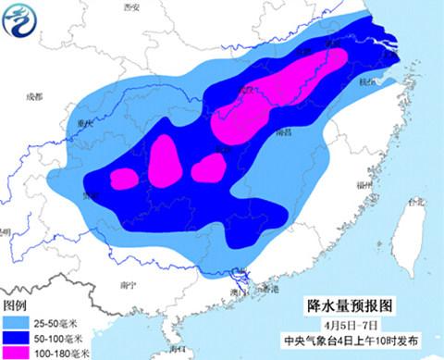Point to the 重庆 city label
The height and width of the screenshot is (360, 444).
click(x=87, y=122)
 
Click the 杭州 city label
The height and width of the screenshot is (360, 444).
click(x=372, y=81)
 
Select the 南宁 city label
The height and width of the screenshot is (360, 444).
click(x=129, y=286)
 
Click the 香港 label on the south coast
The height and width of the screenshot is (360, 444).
click(x=269, y=290)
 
